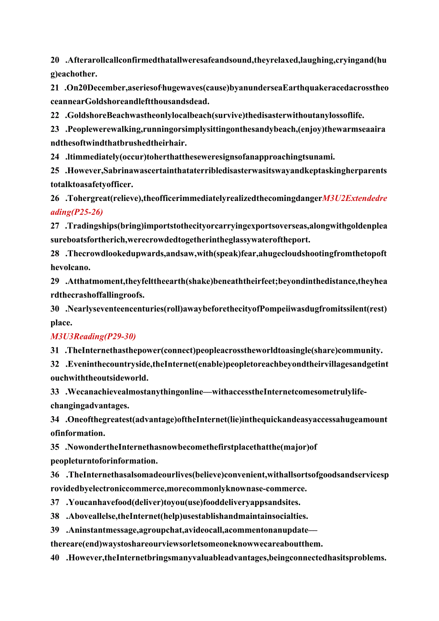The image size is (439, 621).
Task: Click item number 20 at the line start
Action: pos(55,60)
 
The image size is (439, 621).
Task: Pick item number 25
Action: pos(55,171)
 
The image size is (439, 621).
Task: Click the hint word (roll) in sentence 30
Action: pos(177,309)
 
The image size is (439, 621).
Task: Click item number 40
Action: pos(55,558)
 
